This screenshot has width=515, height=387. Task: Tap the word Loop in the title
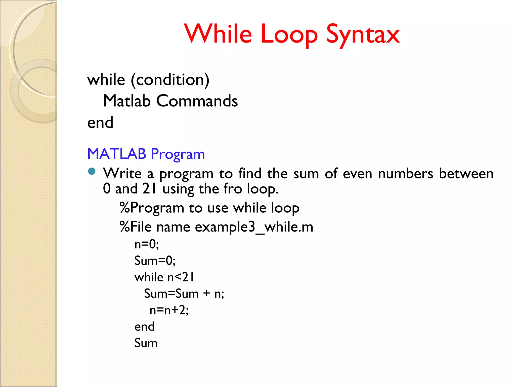[289, 34]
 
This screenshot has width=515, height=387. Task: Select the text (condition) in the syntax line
[170, 80]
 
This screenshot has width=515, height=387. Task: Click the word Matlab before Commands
[127, 101]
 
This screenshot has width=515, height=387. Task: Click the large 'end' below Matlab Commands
[100, 123]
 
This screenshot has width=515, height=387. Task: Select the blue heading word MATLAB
[117, 154]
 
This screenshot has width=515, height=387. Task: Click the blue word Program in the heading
[178, 154]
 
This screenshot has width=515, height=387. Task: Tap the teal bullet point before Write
[92, 171]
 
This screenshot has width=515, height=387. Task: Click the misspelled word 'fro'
[233, 189]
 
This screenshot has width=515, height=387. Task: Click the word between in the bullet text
[466, 174]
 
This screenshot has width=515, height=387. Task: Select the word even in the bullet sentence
[357, 174]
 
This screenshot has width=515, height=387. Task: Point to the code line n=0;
[147, 244]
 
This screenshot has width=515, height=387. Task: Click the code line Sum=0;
[155, 261]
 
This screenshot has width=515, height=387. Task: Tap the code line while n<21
[164, 277]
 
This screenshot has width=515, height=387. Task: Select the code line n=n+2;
[169, 310]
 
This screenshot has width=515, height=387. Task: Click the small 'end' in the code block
[144, 327]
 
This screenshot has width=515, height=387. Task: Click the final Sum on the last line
[146, 343]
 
